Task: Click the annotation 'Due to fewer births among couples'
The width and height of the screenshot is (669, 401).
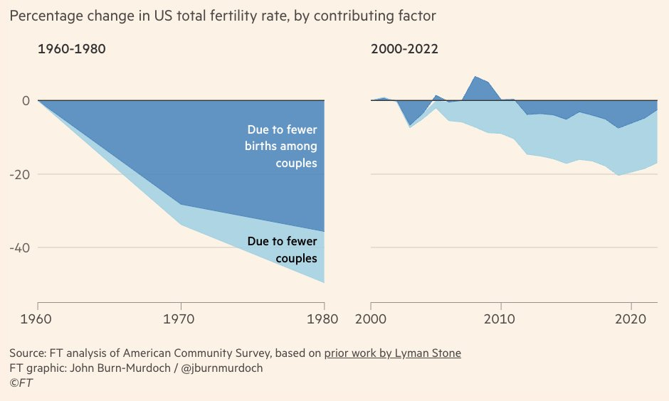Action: [x=281, y=146]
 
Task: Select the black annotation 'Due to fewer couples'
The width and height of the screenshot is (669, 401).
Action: [x=282, y=250]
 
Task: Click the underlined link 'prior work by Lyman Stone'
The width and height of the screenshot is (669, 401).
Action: [x=392, y=353]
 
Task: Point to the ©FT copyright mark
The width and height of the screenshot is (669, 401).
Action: [x=21, y=383]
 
